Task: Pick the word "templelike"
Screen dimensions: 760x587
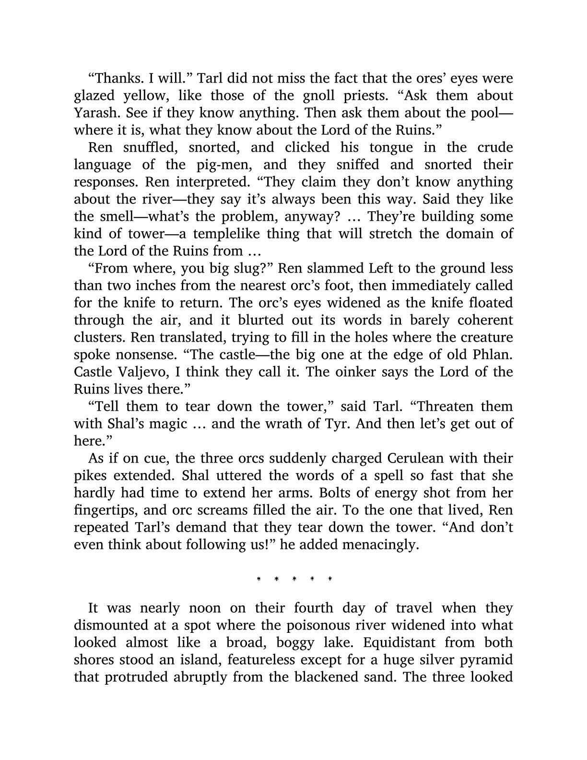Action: click(228, 234)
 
